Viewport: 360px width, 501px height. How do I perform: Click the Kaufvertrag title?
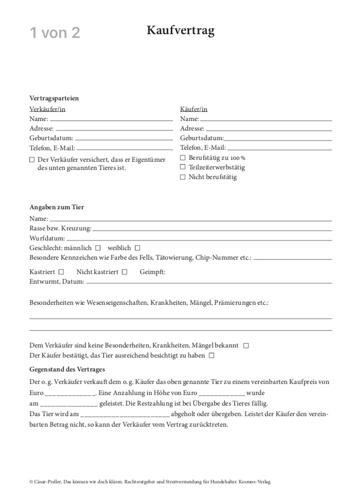coord(180,31)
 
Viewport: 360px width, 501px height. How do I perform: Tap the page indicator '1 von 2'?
coord(55,33)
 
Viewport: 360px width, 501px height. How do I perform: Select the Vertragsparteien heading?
coord(54,98)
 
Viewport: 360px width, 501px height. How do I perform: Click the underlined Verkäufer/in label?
coord(48,109)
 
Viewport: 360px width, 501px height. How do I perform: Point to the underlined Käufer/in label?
coord(194,109)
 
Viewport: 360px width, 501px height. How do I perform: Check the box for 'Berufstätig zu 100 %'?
coord(182,158)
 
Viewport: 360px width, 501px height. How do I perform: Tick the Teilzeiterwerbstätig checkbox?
coord(182,167)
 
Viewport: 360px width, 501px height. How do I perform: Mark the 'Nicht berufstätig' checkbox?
coord(182,177)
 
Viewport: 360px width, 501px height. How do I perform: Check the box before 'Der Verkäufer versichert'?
coord(32,160)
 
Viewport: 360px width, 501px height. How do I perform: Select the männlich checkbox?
coord(98,248)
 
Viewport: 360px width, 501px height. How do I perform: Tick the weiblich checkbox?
coord(137,248)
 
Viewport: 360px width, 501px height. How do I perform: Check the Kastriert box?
coord(61,272)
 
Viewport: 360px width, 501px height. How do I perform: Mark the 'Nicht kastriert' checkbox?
coord(124,272)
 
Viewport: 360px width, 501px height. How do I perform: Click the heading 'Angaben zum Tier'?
coord(57,207)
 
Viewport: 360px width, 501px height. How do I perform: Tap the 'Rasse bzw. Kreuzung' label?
coord(60,228)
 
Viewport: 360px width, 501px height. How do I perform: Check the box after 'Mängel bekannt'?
coord(246,346)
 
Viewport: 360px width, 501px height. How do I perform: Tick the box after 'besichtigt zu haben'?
coord(212,356)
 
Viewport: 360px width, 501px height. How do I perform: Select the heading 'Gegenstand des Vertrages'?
coord(67,370)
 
